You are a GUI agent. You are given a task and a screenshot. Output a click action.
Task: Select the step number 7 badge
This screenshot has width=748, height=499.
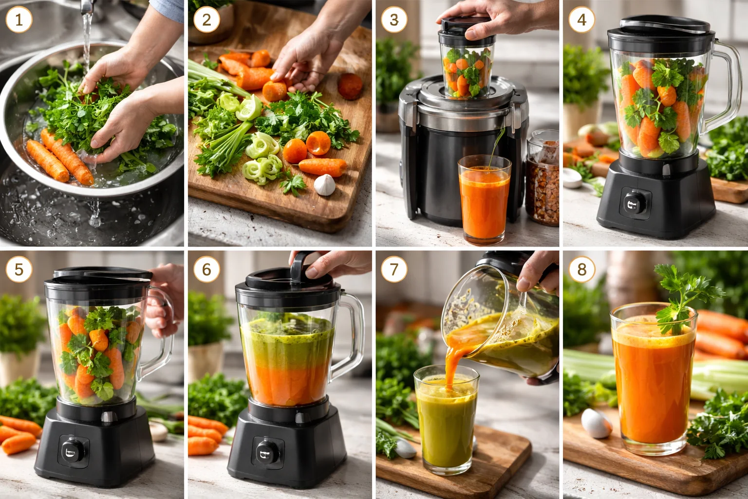point(394,269)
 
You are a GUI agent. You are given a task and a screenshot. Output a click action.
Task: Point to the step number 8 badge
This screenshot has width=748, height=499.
point(581,269)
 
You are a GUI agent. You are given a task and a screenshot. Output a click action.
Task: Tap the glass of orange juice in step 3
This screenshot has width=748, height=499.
point(484,200)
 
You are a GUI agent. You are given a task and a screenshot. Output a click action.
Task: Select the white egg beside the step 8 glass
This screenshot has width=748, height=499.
point(597,422)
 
